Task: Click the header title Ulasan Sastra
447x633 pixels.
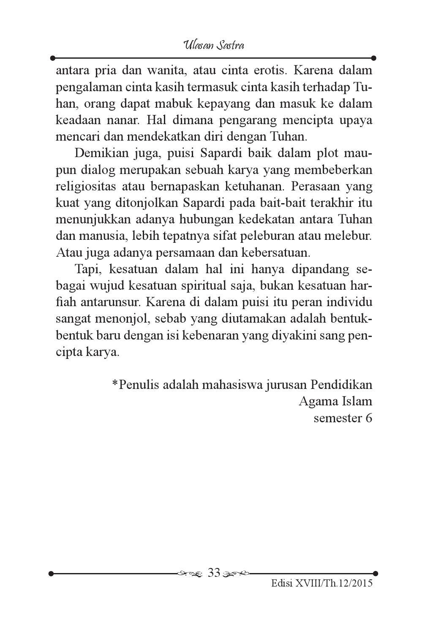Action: click(214, 45)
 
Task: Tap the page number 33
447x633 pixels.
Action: click(214, 573)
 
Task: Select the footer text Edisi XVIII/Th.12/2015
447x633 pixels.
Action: click(322, 584)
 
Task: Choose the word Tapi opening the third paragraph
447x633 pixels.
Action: click(86, 269)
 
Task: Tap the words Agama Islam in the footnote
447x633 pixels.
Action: click(335, 401)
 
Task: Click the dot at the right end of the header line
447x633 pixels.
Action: click(374, 58)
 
